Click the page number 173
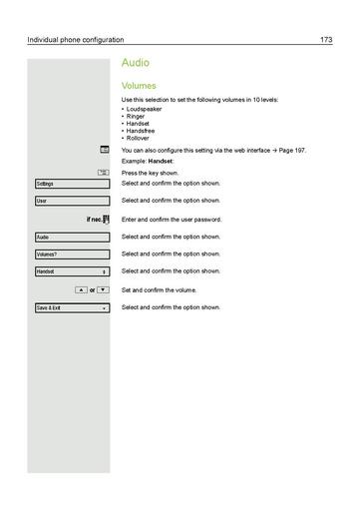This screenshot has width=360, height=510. (326, 40)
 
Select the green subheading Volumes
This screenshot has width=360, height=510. (139, 86)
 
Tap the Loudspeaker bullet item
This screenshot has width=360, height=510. (144, 108)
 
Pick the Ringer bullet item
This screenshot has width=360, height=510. (136, 115)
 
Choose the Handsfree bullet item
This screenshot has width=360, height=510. (141, 130)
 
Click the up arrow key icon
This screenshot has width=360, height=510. (79, 289)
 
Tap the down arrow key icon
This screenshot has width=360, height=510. (103, 289)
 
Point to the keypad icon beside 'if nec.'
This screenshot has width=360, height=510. (104, 219)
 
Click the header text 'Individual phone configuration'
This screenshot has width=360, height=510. (76, 40)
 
